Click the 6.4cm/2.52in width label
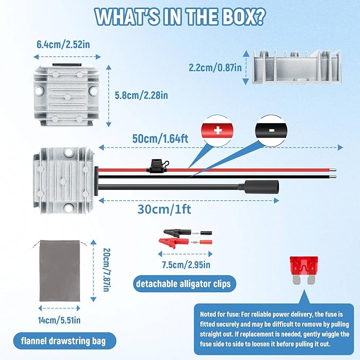[63, 45]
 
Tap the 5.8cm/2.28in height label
[141, 95]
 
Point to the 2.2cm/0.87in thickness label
[215, 67]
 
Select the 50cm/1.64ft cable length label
[160, 138]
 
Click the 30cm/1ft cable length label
[164, 209]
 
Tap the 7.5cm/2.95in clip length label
[186, 265]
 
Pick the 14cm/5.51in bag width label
[59, 320]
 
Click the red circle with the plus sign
[217, 130]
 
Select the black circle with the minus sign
[271, 130]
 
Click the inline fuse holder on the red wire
[157, 167]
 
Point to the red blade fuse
[304, 270]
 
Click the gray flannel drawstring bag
[60, 271]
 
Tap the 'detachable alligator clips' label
[183, 284]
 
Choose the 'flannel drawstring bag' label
[64, 341]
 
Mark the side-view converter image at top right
[296, 67]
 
